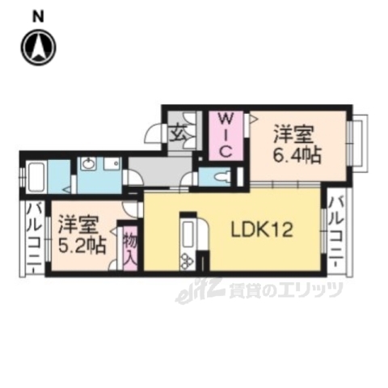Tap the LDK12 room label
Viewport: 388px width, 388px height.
click(x=263, y=230)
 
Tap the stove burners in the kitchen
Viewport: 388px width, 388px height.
click(x=186, y=259)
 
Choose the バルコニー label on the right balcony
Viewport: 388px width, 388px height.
click(x=335, y=230)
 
